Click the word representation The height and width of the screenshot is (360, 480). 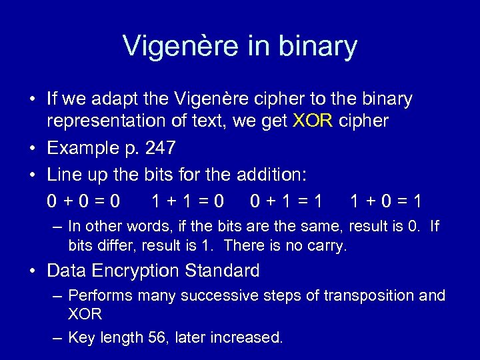pos(108,121)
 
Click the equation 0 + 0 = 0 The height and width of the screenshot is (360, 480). pos(84,201)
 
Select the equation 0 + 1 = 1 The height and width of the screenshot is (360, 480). pos(287,201)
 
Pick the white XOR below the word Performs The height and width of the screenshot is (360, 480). pos(85,313)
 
